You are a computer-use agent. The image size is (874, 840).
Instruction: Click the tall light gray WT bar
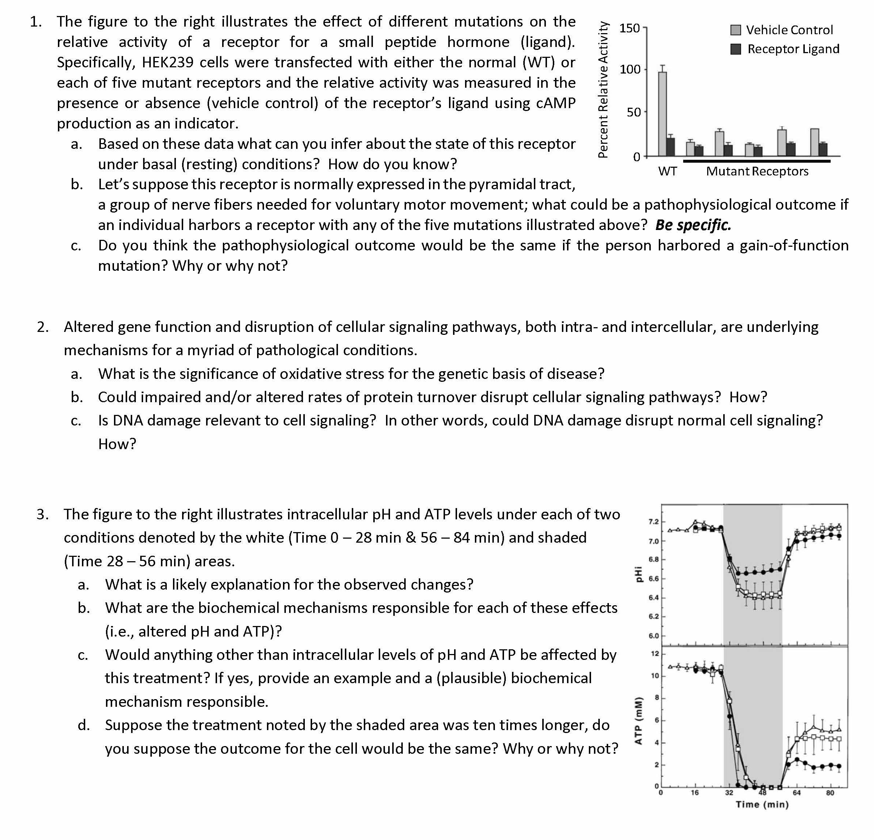coord(663,114)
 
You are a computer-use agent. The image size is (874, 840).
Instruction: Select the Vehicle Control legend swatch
coord(736,30)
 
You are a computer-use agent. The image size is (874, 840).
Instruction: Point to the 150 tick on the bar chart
coord(630,28)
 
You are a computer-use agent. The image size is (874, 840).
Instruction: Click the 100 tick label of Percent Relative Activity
coord(630,70)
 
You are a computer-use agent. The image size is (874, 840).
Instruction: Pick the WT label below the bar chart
coord(668,171)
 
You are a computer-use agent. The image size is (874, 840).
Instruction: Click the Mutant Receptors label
coord(757,171)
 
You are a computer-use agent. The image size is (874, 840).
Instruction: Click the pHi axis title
coord(638,574)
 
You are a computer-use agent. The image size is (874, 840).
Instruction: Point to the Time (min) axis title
coord(762,804)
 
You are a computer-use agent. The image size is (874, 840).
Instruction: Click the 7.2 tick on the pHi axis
coord(653,522)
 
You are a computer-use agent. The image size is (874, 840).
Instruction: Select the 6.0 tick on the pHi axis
coord(653,636)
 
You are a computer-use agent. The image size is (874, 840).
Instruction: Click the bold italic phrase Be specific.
coord(693,225)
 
